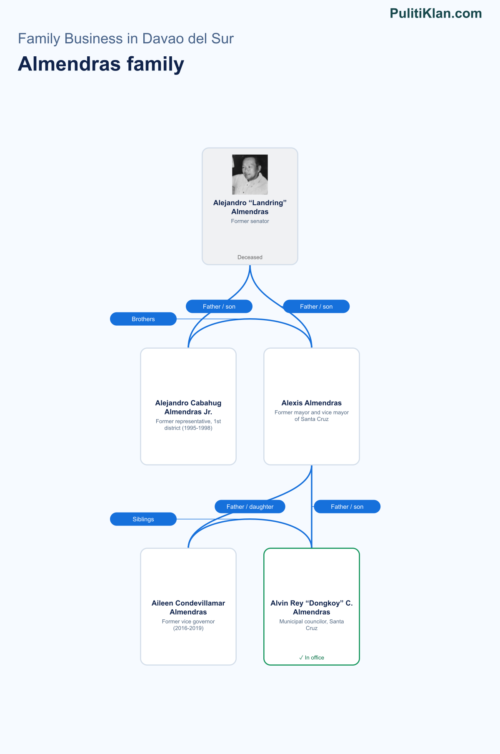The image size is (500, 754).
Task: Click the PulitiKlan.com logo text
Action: click(436, 13)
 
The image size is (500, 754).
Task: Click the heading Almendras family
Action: click(101, 64)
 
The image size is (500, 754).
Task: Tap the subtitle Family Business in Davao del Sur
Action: click(126, 38)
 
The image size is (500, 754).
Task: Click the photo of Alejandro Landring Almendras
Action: click(250, 174)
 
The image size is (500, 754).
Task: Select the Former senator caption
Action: click(250, 221)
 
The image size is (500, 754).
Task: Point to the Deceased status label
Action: click(250, 257)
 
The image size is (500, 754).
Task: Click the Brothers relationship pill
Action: click(143, 319)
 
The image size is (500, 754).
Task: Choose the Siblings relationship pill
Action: click(143, 519)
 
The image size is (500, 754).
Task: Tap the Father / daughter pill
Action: click(250, 507)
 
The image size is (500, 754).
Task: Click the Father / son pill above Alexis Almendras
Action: click(316, 307)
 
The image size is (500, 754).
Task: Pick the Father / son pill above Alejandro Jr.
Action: click(219, 307)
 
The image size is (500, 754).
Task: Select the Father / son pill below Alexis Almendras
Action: click(347, 507)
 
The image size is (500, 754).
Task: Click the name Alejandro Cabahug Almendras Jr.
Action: click(188, 407)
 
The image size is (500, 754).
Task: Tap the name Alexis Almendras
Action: click(312, 403)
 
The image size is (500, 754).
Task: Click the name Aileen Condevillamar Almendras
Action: click(188, 608)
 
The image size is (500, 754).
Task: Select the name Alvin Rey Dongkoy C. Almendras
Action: click(312, 608)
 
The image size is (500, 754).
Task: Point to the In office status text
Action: click(312, 658)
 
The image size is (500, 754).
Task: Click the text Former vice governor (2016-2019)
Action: click(188, 625)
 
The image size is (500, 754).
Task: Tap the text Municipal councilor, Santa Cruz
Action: click(312, 625)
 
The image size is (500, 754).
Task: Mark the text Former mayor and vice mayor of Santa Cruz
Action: click(312, 416)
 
